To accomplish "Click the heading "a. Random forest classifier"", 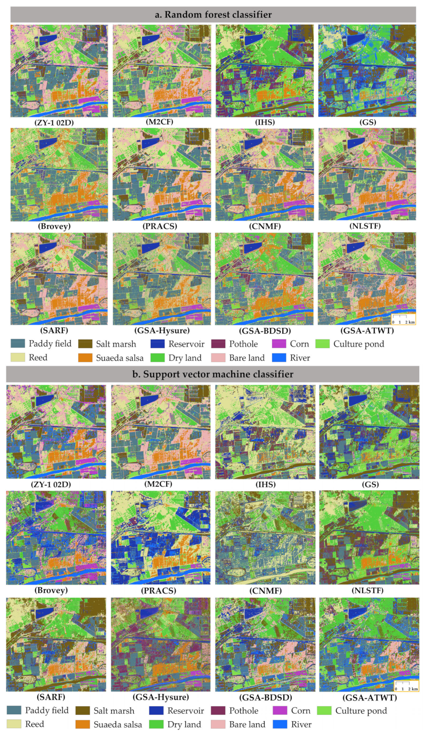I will point(213,14).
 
